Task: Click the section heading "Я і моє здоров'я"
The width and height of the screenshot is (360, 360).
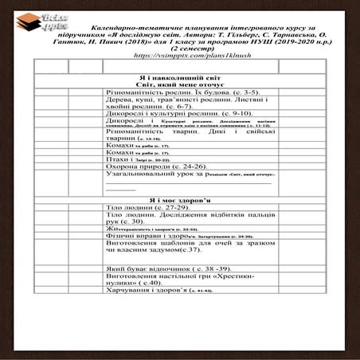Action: tap(181, 200)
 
